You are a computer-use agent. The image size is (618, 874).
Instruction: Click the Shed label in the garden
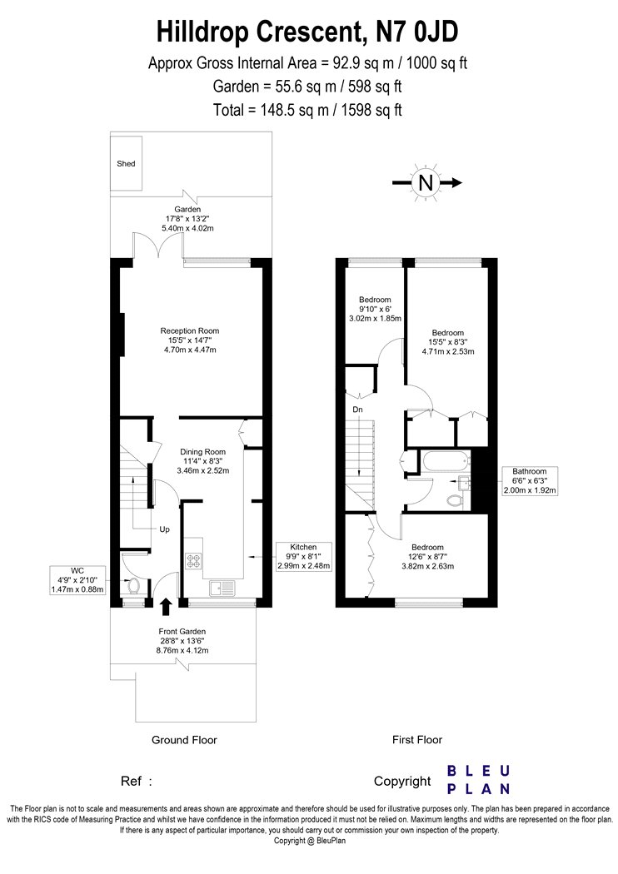126,163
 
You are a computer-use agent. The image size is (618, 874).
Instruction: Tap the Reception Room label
190,330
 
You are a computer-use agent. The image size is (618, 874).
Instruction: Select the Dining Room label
202,451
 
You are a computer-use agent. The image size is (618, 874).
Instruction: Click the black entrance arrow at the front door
165,607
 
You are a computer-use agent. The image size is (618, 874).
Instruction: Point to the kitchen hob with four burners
193,561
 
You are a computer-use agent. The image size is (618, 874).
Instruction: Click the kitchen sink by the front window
222,588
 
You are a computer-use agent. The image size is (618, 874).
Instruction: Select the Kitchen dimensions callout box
303,556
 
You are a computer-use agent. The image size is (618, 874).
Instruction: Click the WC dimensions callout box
77,579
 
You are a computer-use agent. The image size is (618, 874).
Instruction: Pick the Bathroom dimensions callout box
530,480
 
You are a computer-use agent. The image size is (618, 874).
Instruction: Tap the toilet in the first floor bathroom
455,500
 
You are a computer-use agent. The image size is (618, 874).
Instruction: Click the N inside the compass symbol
426,182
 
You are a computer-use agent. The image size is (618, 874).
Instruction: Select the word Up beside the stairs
165,529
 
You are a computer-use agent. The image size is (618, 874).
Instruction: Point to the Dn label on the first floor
357,410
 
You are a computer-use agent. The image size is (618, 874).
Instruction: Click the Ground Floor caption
184,740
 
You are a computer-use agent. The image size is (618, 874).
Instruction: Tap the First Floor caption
417,740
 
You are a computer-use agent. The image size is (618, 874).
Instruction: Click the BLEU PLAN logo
479,780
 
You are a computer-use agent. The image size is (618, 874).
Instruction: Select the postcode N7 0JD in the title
417,32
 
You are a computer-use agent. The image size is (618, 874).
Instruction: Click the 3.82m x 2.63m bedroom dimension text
428,566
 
